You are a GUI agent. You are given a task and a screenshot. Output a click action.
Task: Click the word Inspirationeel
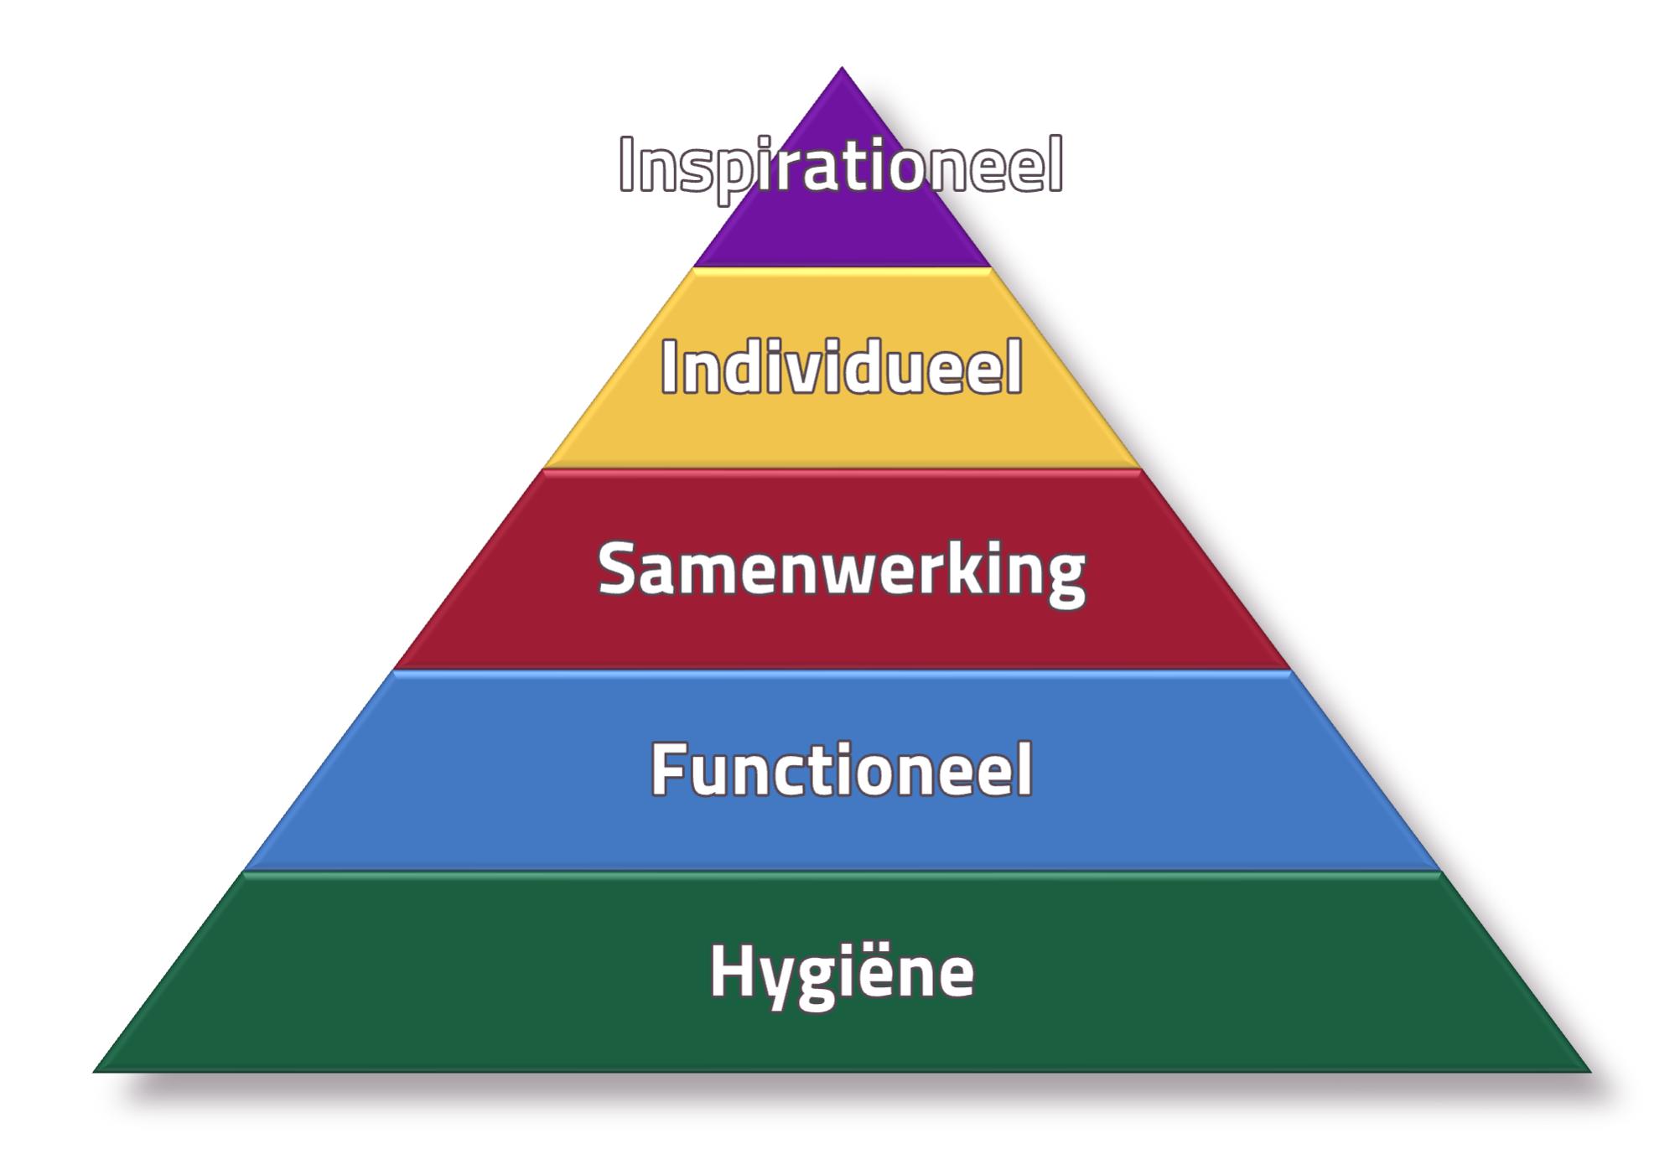tap(841, 168)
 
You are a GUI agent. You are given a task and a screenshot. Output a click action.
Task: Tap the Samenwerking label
tap(841, 572)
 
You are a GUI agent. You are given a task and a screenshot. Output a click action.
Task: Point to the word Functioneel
tap(841, 769)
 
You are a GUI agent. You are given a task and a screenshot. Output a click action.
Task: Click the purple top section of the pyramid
tap(842, 226)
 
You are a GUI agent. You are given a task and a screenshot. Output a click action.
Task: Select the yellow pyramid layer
tap(842, 436)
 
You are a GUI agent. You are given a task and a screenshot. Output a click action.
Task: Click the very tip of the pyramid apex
tap(842, 67)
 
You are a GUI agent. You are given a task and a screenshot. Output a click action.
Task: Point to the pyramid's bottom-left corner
tap(93, 1072)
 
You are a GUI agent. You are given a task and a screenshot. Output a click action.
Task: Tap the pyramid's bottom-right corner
tap(1590, 1072)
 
